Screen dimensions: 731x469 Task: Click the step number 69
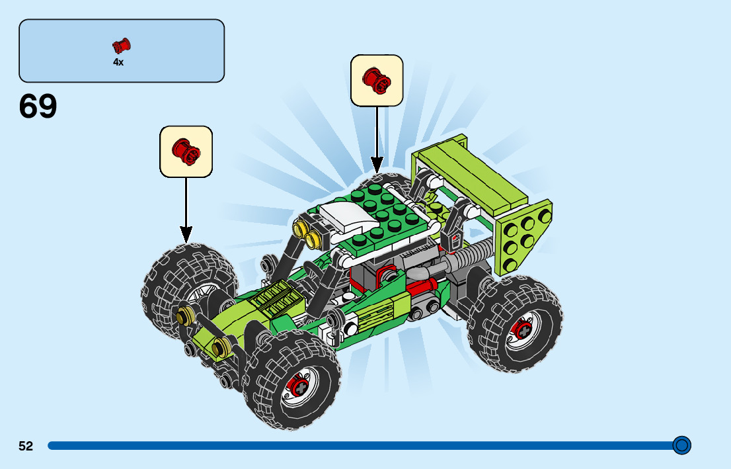pos(38,107)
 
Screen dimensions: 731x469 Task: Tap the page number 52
pos(26,447)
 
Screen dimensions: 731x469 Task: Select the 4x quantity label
pos(118,62)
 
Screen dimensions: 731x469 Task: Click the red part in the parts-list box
pos(121,46)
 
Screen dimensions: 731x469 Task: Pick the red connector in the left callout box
pos(186,151)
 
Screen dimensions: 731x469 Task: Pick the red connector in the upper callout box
pos(377,80)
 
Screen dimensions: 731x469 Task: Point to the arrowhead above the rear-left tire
pos(186,234)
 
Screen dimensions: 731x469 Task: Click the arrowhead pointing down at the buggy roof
pos(377,163)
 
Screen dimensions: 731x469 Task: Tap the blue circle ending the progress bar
pos(681,445)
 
